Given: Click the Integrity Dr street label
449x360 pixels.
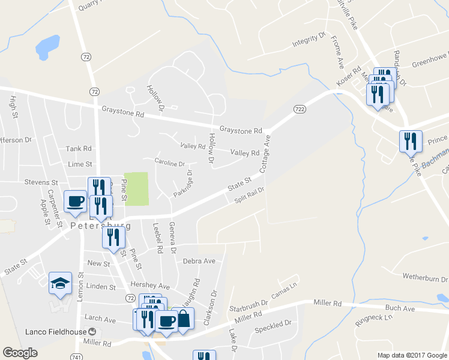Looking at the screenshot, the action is click(x=309, y=40).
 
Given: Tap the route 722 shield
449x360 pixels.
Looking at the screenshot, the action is click(x=300, y=109).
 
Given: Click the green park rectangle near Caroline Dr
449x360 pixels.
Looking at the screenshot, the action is click(x=136, y=185).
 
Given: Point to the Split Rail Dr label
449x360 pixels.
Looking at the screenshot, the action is click(x=250, y=196).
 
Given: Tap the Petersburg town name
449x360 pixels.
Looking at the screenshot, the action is click(x=101, y=226).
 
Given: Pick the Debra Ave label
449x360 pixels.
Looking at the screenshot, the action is click(x=199, y=261).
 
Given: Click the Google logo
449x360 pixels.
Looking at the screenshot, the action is click(x=20, y=353).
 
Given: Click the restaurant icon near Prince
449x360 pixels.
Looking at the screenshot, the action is click(x=411, y=142).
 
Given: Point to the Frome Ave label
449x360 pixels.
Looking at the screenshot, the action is click(x=339, y=52).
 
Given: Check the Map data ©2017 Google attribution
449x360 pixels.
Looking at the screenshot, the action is click(x=412, y=355).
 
